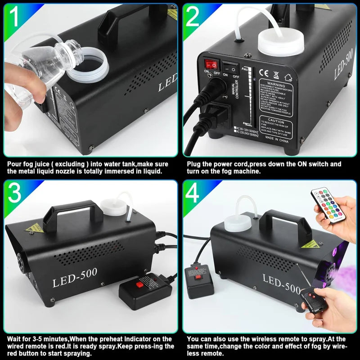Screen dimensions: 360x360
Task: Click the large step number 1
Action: tap(13, 17)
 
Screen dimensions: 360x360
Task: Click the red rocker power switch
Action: tap(211, 64)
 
